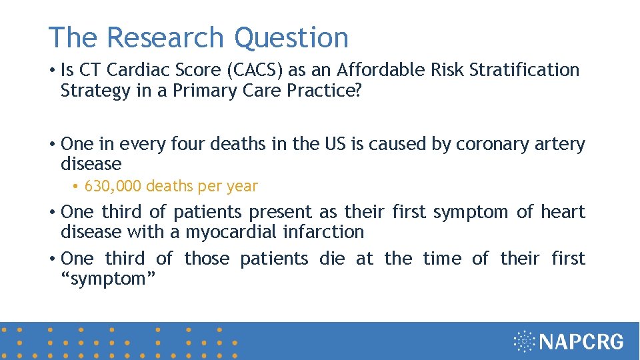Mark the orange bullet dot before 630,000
coord(76,187)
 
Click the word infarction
coord(323,232)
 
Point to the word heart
coord(563,212)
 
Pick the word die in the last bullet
coord(332,259)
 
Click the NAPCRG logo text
coord(581,342)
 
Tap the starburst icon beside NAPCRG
coord(525,341)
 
